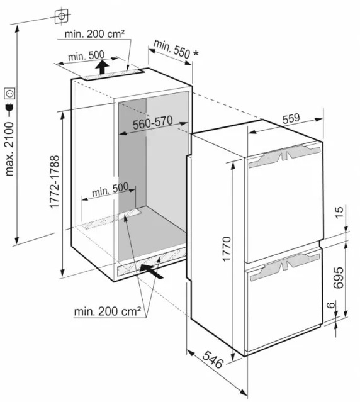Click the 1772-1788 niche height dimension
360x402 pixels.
click(x=55, y=182)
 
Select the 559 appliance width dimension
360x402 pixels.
click(x=291, y=118)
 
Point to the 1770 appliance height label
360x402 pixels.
click(x=227, y=249)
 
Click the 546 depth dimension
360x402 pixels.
click(x=213, y=360)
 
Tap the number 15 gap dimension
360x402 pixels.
click(x=339, y=213)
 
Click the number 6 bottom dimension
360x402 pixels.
click(x=331, y=305)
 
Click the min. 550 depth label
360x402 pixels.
click(x=172, y=49)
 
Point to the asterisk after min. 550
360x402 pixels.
click(x=196, y=53)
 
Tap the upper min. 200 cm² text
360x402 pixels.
click(x=94, y=34)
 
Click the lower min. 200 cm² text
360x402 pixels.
click(x=108, y=311)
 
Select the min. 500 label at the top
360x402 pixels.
click(x=86, y=55)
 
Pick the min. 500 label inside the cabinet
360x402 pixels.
click(x=110, y=189)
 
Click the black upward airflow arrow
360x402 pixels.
click(x=102, y=67)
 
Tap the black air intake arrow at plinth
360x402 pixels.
click(x=152, y=271)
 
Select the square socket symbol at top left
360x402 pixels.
click(x=62, y=16)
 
